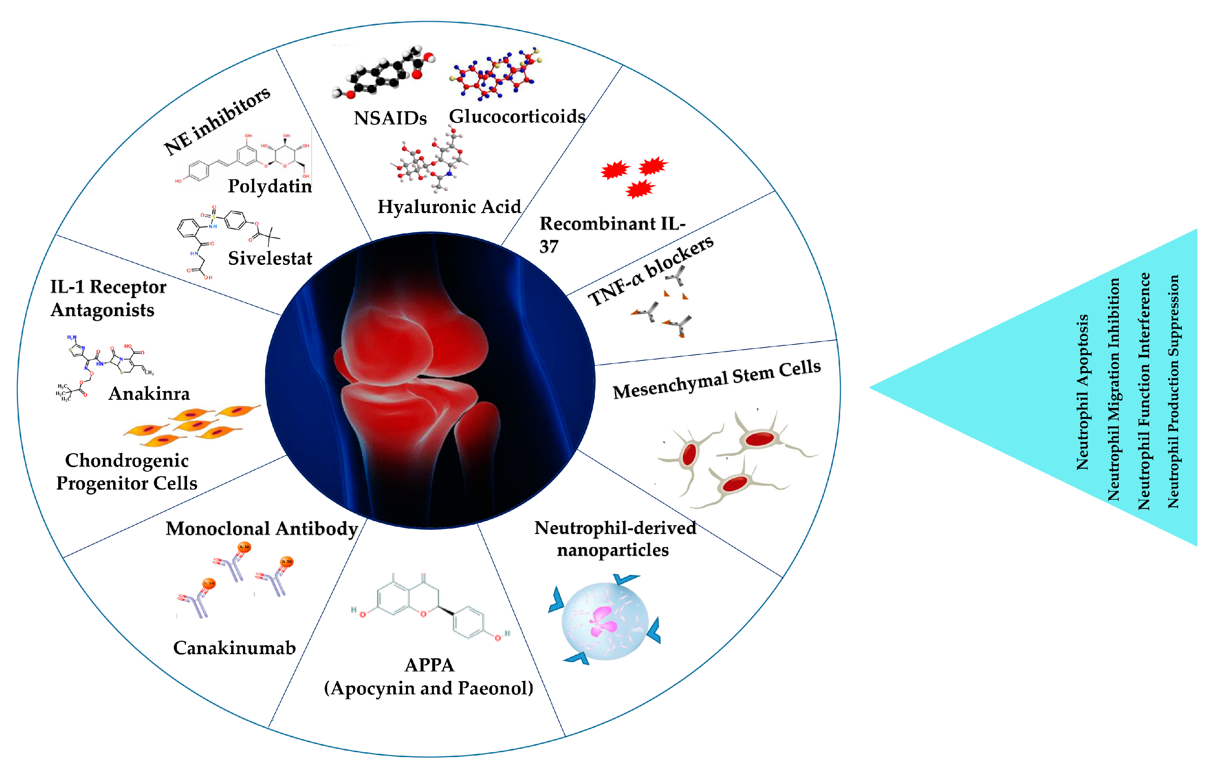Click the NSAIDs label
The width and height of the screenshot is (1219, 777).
pyautogui.click(x=390, y=118)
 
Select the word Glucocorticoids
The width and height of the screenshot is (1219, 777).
pyautogui.click(x=517, y=116)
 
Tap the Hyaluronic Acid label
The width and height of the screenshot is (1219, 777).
pyautogui.click(x=449, y=207)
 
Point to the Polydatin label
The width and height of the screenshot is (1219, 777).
pyautogui.click(x=270, y=186)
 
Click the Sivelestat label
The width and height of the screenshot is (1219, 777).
pyautogui.click(x=270, y=258)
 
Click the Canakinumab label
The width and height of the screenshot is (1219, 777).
pyautogui.click(x=234, y=648)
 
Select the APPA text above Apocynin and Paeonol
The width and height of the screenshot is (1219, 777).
pyautogui.click(x=429, y=665)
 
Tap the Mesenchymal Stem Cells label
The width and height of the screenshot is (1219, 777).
pyautogui.click(x=716, y=379)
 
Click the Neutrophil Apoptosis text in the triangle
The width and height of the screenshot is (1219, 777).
pyautogui.click(x=1082, y=393)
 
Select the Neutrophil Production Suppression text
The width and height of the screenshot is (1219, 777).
pyautogui.click(x=1174, y=391)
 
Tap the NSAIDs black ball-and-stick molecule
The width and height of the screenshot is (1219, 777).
pyautogui.click(x=383, y=73)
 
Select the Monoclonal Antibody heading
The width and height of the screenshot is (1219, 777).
pyautogui.click(x=262, y=529)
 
